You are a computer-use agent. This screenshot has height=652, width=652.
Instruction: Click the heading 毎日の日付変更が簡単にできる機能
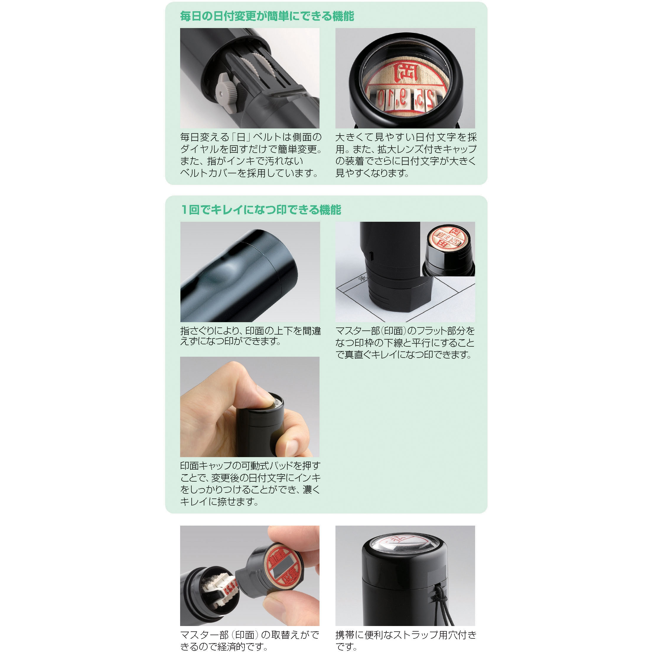[x=267, y=16]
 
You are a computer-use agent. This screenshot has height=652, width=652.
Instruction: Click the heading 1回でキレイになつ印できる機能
[x=261, y=210]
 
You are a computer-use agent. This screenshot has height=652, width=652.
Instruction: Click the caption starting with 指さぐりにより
[x=250, y=336]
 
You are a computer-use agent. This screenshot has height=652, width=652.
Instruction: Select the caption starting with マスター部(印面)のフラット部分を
[x=405, y=343]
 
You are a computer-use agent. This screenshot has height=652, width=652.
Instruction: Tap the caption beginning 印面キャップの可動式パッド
[x=250, y=484]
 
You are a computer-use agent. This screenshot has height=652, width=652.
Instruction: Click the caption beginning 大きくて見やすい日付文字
[x=406, y=155]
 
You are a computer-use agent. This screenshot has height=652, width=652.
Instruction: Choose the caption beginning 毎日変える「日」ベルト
[x=251, y=155]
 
